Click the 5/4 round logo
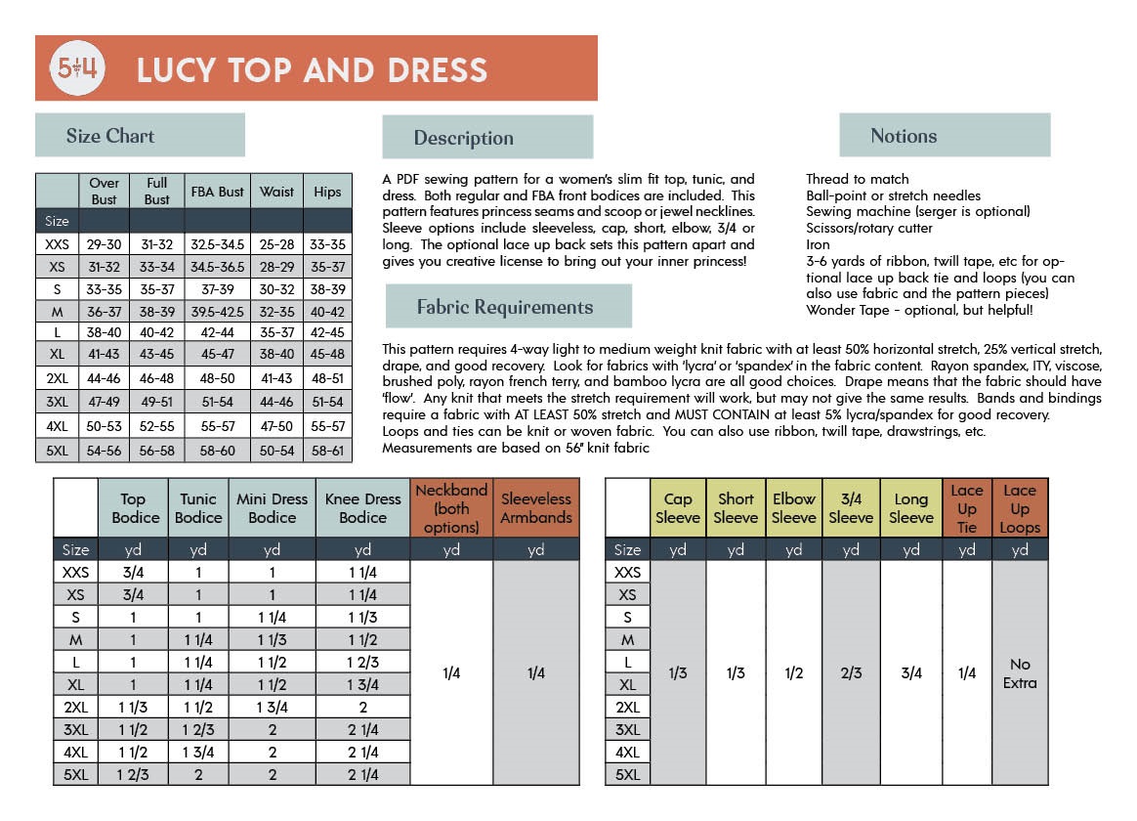click(x=77, y=68)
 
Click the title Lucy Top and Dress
click(x=312, y=70)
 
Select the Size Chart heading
click(x=110, y=136)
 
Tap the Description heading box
click(x=463, y=138)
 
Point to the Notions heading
click(x=904, y=136)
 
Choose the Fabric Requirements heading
click(x=505, y=307)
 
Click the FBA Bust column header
click(x=217, y=192)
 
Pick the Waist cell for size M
click(x=276, y=312)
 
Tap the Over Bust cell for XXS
click(x=105, y=244)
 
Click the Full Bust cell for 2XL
click(x=156, y=379)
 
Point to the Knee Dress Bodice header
click(x=362, y=508)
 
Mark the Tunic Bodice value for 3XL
click(x=198, y=730)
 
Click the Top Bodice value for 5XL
click(x=135, y=775)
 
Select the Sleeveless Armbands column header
click(x=535, y=508)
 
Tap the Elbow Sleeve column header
click(x=793, y=508)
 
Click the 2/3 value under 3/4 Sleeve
click(x=851, y=672)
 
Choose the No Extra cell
click(x=1019, y=672)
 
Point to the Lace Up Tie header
click(x=967, y=508)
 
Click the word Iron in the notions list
click(x=818, y=245)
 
